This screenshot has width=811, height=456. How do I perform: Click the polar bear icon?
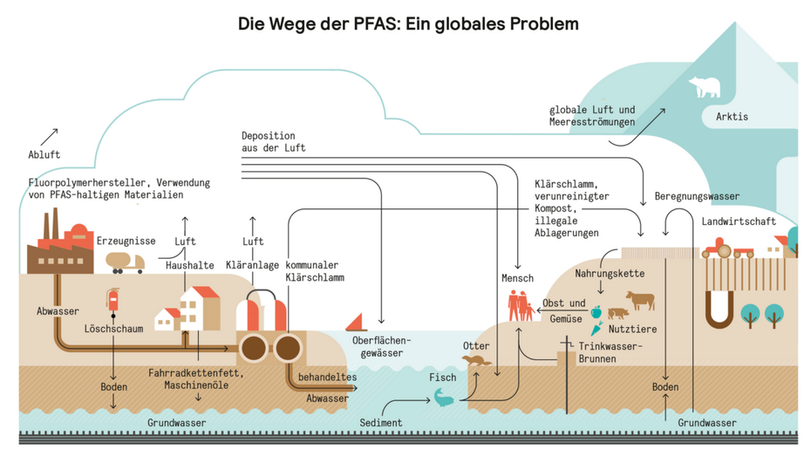tap(704, 87)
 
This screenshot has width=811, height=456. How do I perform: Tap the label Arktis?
tap(732, 117)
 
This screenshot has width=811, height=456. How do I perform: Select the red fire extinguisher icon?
tap(112, 299)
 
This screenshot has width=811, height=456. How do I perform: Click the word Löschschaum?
tap(113, 330)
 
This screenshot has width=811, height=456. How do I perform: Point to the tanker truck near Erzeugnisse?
tap(125, 262)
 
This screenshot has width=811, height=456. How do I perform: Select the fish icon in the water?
tap(444, 398)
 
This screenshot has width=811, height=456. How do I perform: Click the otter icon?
tap(476, 360)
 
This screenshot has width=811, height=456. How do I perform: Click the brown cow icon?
tap(639, 301)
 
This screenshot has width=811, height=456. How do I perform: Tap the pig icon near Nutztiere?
tap(617, 313)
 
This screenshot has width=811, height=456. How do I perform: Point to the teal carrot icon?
tap(596, 329)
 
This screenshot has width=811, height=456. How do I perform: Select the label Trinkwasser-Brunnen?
tap(610, 351)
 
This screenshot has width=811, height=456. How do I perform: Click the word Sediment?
tap(381, 423)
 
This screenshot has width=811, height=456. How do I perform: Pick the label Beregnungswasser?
tap(697, 197)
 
